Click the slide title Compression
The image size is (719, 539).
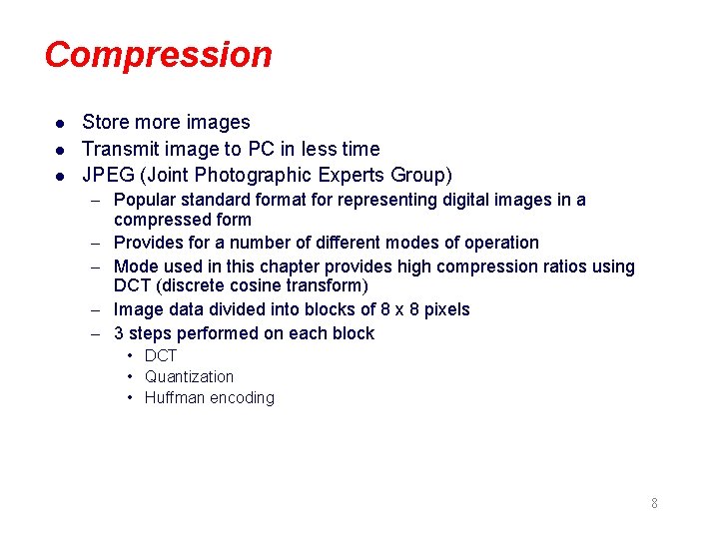tap(158, 55)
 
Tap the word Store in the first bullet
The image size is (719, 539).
tap(105, 123)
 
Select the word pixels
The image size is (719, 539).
tap(445, 309)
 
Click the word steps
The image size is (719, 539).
tap(150, 333)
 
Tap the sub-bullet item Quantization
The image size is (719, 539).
tap(189, 376)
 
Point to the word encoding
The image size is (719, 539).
tap(244, 398)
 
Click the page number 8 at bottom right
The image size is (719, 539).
tap(654, 503)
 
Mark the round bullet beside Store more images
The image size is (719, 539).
tap(60, 124)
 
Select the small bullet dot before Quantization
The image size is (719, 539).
tap(131, 376)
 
